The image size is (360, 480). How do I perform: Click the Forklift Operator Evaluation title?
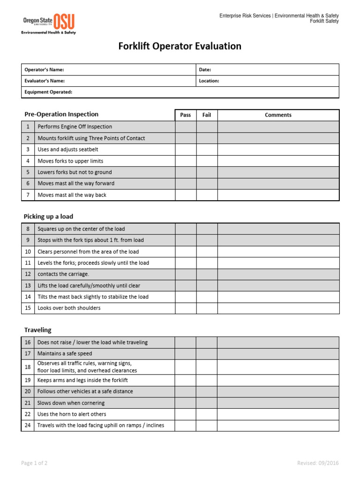[180, 46]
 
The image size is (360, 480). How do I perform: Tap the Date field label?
[205, 69]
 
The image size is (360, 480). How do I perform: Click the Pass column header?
[186, 115]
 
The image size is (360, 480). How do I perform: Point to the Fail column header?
[207, 115]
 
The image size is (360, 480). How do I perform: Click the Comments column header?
[278, 115]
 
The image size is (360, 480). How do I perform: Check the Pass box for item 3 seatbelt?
[186, 150]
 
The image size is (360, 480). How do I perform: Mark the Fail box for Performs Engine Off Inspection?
[207, 127]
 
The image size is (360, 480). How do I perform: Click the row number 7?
[28, 195]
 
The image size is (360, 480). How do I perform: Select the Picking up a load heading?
[48, 217]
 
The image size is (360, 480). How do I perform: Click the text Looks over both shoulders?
[69, 308]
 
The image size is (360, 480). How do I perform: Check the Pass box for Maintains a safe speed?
[186, 353]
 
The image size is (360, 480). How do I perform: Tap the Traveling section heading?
[37, 330]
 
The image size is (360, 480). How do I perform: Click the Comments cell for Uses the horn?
[278, 414]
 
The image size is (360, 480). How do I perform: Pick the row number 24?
[28, 426]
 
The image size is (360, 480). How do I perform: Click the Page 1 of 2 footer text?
[34, 463]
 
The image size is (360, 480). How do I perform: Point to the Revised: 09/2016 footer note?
[318, 463]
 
